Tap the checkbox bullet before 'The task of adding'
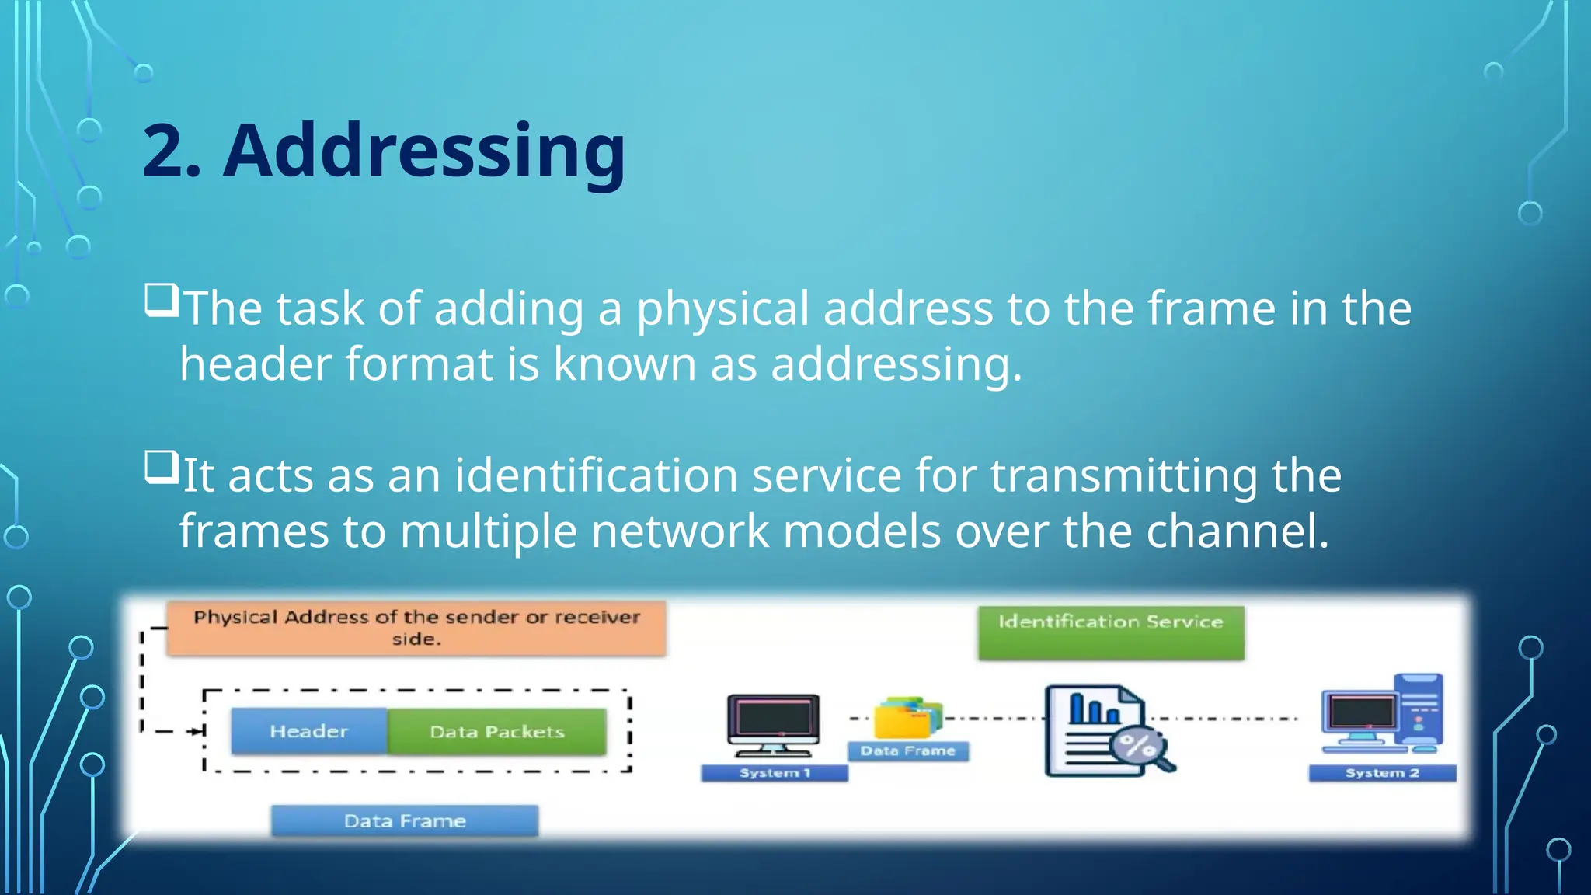coord(162,301)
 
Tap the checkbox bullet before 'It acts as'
coord(162,468)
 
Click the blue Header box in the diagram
coord(309,731)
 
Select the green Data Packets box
coord(497,731)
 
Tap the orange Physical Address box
coord(416,628)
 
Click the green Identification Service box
coord(1111,632)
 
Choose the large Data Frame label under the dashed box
coord(405,821)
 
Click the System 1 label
coord(774,773)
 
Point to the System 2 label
coord(1382,773)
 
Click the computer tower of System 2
coord(1419,711)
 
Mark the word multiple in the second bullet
coord(489,531)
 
